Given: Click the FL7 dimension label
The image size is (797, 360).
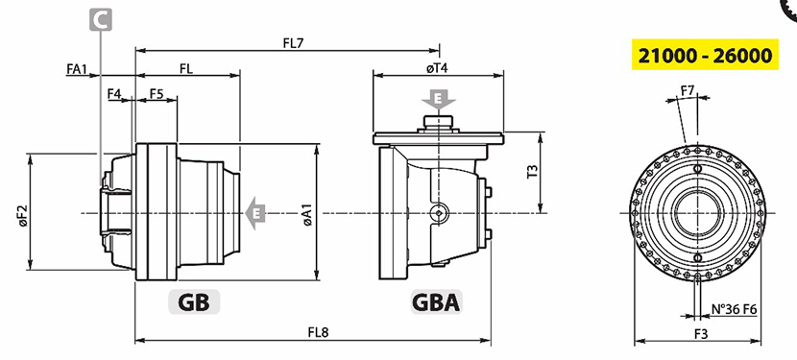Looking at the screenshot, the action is click(293, 43).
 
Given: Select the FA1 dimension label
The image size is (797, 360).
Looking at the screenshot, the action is click(77, 69).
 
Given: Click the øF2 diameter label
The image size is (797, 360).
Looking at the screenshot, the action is click(23, 216).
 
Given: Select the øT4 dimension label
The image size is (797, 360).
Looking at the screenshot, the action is click(437, 68).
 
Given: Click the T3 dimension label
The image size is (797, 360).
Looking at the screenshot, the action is click(532, 172).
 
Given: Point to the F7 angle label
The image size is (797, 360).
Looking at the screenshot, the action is click(688, 91).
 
